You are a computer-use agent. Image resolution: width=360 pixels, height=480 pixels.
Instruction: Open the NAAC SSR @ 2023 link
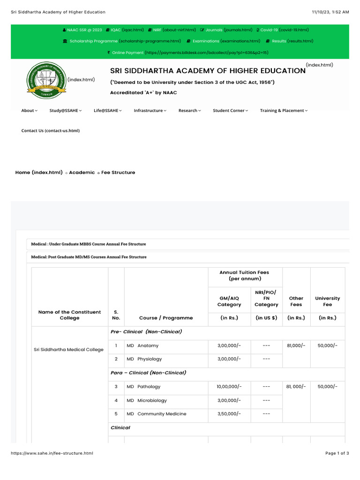coord(84,30)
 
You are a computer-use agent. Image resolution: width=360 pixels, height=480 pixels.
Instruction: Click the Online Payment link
coord(127,52)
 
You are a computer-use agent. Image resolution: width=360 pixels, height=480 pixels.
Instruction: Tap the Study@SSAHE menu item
coord(65,111)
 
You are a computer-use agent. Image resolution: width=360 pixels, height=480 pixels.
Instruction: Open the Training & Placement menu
coord(284,111)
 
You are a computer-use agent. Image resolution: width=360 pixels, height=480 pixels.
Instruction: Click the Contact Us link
coord(51,131)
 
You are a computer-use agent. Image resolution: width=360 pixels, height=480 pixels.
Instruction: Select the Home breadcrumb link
coord(38,172)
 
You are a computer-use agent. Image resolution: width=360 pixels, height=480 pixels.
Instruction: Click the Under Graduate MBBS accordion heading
coord(89,244)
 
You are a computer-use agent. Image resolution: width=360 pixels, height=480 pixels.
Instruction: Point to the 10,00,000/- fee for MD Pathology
coord(229,387)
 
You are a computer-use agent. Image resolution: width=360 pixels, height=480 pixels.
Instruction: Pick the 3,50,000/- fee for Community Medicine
coord(229,414)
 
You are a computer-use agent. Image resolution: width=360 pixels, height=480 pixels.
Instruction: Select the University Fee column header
coord(327,301)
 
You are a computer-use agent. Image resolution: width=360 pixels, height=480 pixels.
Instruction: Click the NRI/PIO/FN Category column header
coord(266,299)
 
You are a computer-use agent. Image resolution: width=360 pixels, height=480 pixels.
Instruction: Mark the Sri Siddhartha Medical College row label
coord(69,349)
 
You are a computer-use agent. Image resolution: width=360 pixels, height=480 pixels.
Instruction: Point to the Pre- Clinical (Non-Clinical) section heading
coord(146,332)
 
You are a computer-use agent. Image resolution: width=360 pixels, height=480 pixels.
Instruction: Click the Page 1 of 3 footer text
coord(337,453)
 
